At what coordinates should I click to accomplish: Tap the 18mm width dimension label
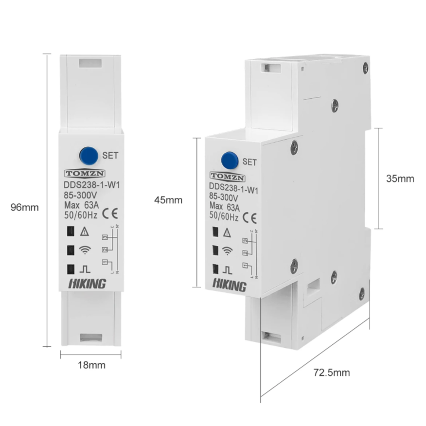(91, 365)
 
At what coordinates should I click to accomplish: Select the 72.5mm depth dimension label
(331, 373)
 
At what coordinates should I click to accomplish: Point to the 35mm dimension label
(400, 178)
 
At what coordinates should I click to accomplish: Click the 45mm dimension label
(168, 200)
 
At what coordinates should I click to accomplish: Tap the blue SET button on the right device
(230, 160)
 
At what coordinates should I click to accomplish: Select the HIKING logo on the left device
(88, 284)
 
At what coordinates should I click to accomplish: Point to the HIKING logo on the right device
(229, 285)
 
